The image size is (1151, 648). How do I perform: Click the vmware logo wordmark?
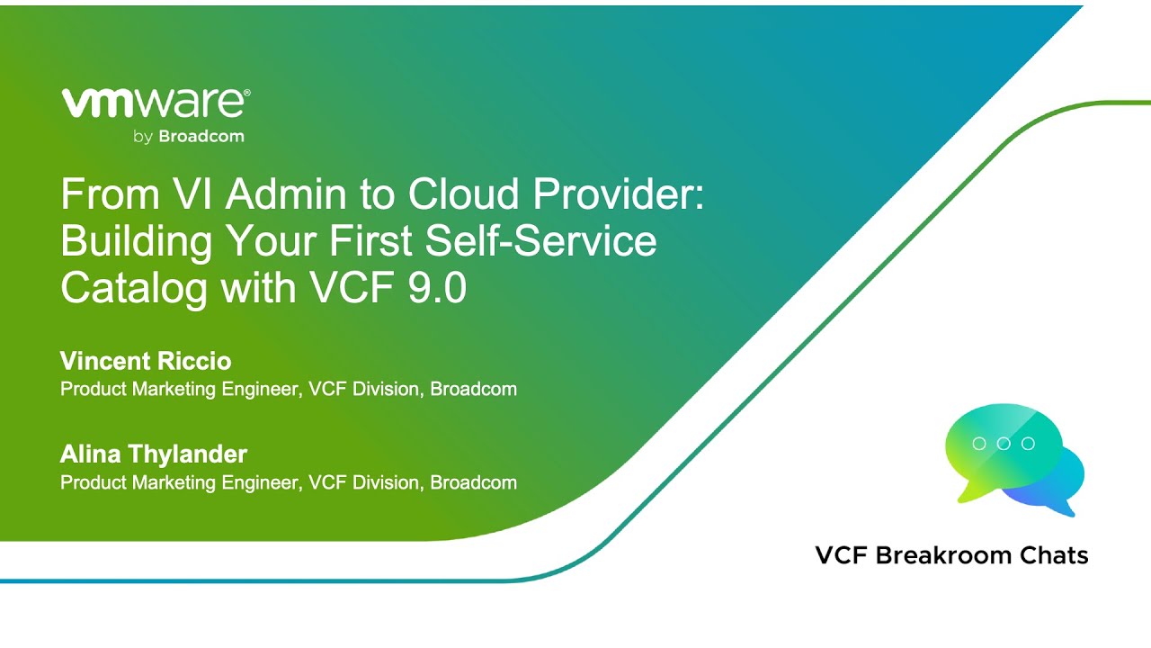tap(154, 103)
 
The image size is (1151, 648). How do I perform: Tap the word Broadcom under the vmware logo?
tap(201, 136)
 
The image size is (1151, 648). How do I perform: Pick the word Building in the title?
tap(137, 241)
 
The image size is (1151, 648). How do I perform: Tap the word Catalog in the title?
tap(134, 288)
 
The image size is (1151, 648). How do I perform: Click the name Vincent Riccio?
tap(146, 361)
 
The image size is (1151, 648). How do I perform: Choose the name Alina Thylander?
tap(154, 454)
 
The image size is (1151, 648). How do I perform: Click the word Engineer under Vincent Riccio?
tap(260, 390)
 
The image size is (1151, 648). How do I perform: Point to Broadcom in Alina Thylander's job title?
tap(473, 482)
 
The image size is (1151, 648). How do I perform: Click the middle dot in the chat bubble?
tap(1004, 444)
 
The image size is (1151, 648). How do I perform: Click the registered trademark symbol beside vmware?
tap(246, 93)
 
